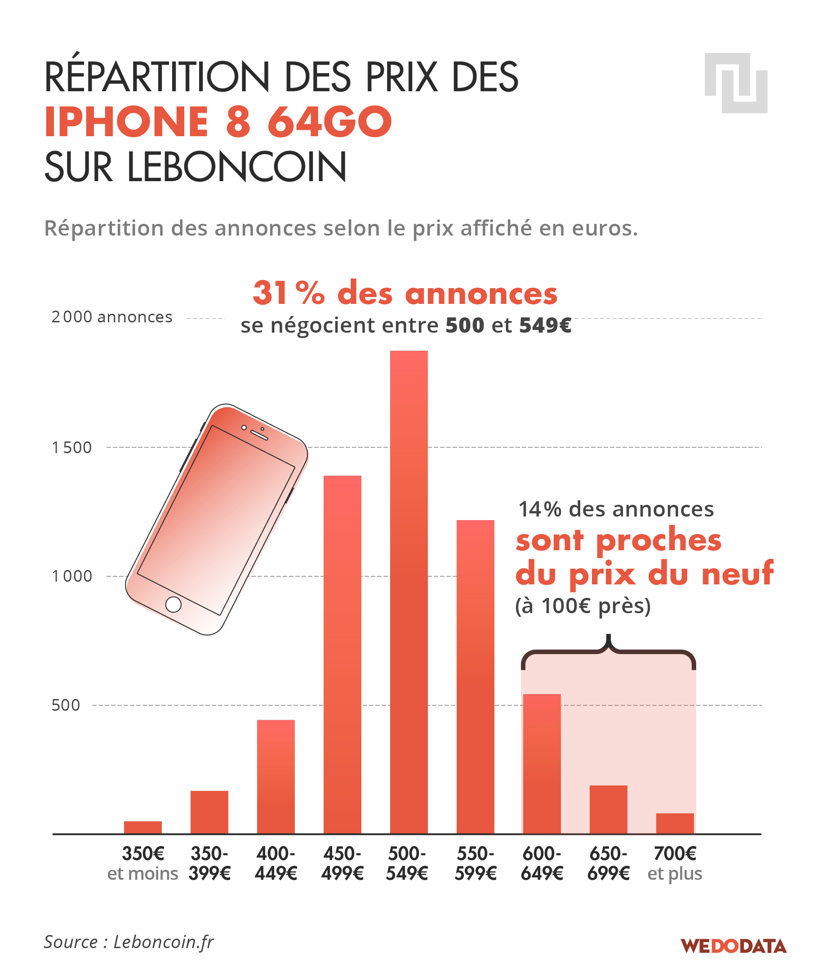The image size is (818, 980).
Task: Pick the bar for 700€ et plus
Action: click(675, 824)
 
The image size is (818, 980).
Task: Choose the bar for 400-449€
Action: click(276, 777)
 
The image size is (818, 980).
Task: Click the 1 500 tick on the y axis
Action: click(72, 448)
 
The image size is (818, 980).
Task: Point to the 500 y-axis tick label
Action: click(66, 705)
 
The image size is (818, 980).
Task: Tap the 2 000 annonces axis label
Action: click(112, 317)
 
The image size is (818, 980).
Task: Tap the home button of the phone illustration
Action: click(173, 604)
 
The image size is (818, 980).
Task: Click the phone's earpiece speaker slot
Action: click(259, 435)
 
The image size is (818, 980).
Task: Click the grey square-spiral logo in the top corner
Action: click(736, 83)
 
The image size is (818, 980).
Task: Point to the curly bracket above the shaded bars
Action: click(608, 651)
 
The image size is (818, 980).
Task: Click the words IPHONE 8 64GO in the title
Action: click(218, 122)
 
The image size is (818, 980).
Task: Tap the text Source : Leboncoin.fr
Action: click(129, 942)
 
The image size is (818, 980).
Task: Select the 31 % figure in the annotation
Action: click(289, 293)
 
